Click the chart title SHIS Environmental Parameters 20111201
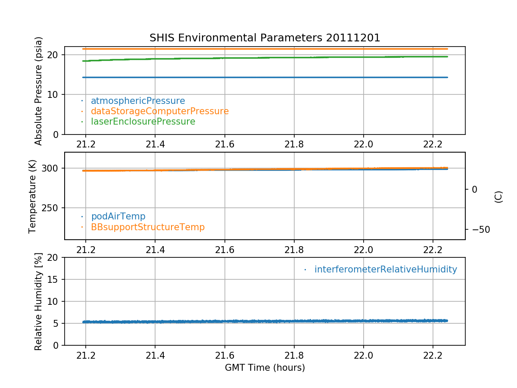[x=265, y=38]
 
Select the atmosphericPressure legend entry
[x=137, y=101]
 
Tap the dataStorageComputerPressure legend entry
[x=159, y=111]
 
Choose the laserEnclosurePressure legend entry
[x=143, y=122]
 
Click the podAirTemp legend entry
[x=118, y=216]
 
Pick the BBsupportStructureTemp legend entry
[x=147, y=227]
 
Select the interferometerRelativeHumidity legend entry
[x=385, y=269]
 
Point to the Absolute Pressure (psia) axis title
[x=39, y=91]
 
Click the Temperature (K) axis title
[x=33, y=196]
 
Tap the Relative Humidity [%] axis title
[x=38, y=301]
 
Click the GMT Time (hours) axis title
[x=265, y=368]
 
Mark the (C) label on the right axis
[x=498, y=197]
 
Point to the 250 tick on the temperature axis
[x=51, y=208]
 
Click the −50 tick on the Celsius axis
[x=478, y=229]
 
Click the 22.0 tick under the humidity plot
[x=363, y=354]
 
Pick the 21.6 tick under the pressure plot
[x=224, y=144]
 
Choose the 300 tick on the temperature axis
[x=51, y=168]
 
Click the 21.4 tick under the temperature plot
[x=155, y=249]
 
